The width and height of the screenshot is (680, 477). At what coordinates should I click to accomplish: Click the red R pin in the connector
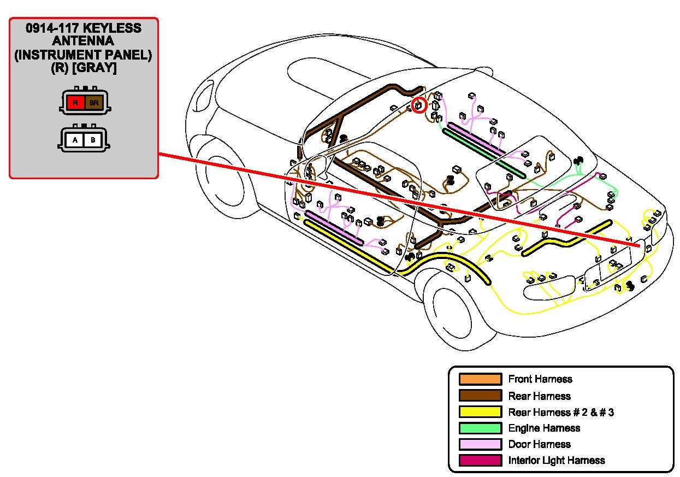(76, 102)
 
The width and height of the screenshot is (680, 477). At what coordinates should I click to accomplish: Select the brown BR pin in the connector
(94, 102)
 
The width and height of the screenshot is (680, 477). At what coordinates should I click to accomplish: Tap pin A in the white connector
(76, 140)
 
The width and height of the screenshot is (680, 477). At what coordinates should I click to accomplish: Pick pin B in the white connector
(93, 140)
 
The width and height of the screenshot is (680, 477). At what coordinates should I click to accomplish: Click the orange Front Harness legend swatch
(480, 379)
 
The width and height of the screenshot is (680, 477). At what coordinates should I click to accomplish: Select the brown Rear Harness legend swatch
(480, 396)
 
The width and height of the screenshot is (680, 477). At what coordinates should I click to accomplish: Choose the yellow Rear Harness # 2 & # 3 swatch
(480, 412)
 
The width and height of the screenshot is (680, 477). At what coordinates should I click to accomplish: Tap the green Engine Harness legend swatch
(480, 428)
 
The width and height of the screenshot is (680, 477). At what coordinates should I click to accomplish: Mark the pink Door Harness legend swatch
(480, 444)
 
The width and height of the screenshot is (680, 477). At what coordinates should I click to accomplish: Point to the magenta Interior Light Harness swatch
(480, 461)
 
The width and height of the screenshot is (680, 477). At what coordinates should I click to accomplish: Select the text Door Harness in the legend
(539, 444)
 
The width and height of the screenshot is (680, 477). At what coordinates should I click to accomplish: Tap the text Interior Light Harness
(557, 461)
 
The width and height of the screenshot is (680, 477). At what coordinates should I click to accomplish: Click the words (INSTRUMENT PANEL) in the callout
(84, 55)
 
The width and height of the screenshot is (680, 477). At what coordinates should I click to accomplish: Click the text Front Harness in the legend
(540, 379)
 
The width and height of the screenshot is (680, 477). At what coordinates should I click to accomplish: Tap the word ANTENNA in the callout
(84, 42)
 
